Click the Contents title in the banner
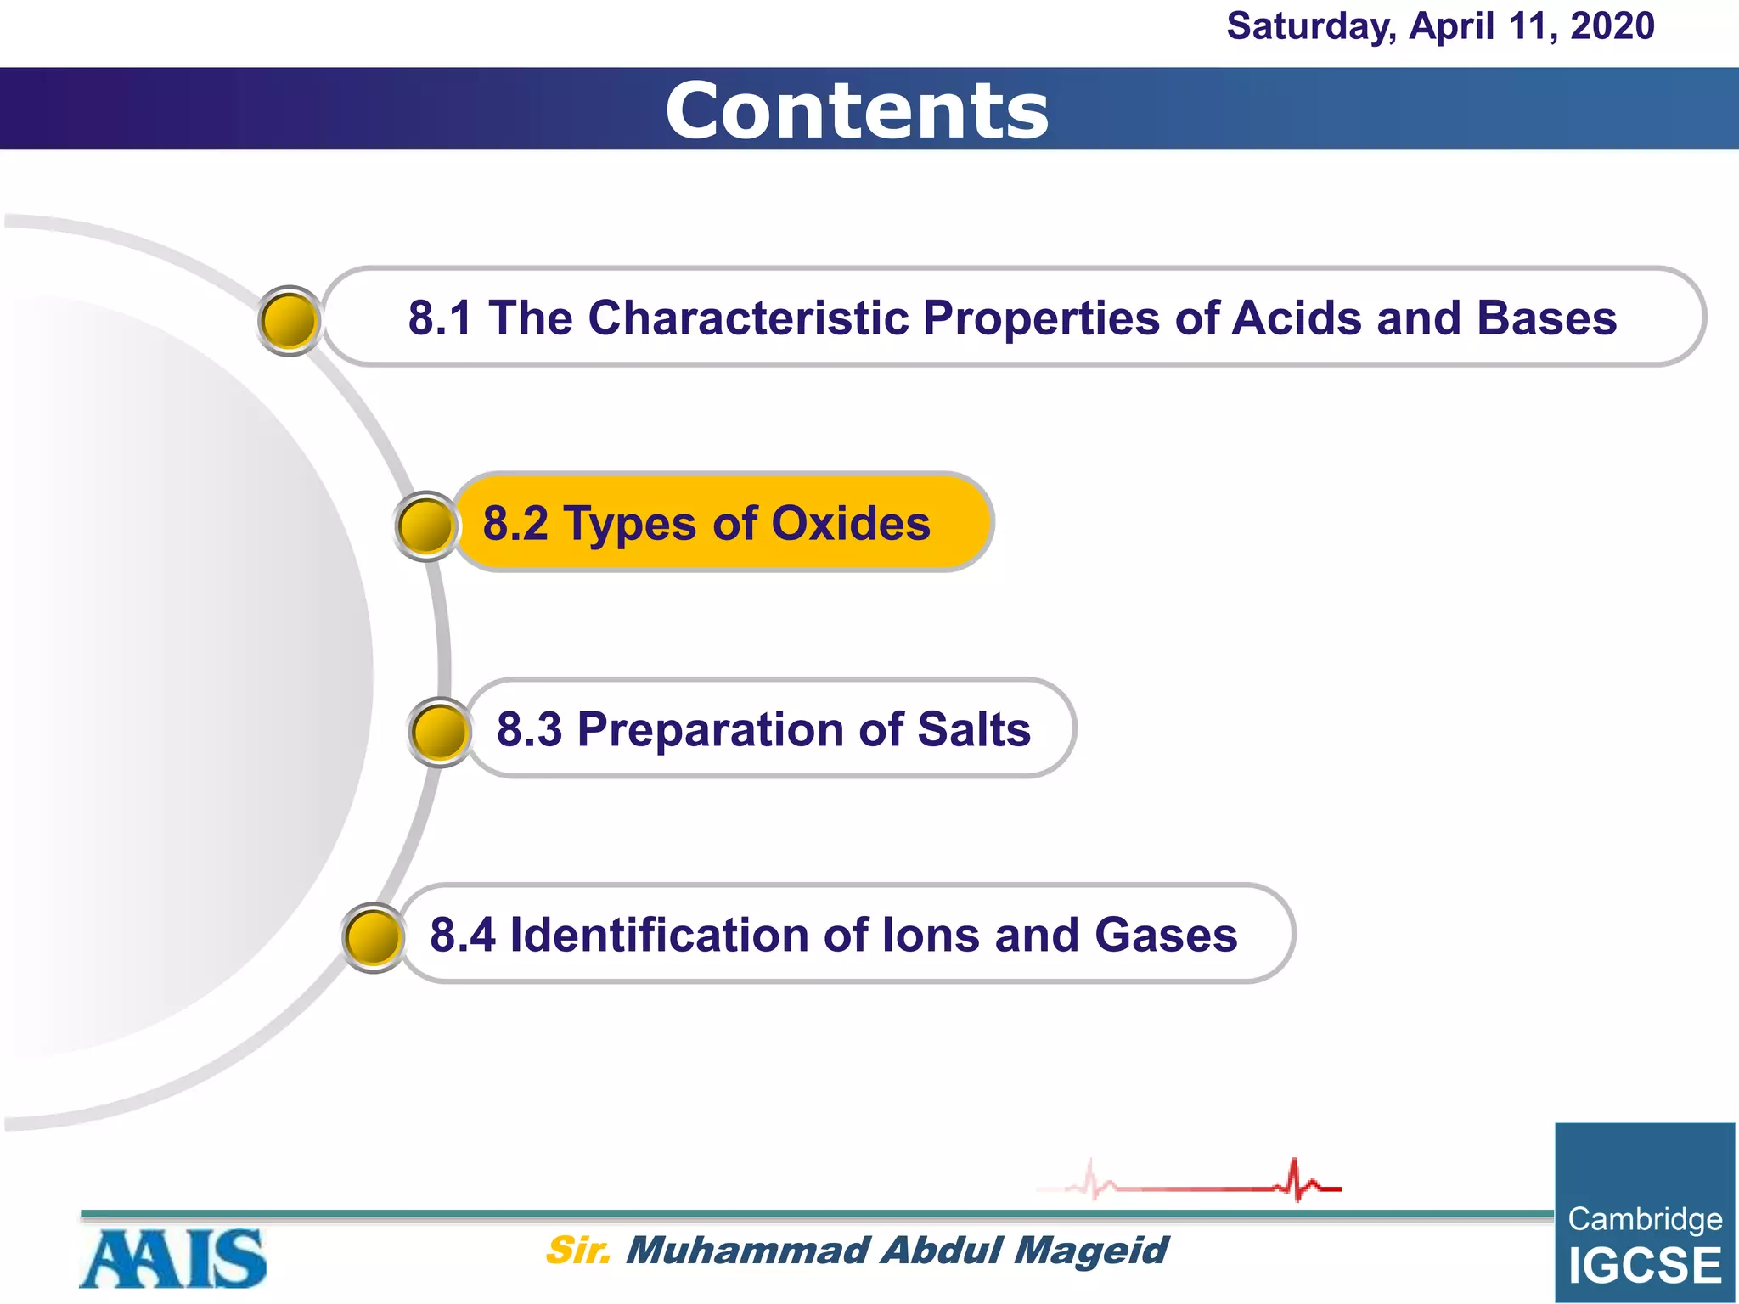857,111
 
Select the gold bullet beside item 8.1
289,321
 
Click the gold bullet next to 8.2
425,526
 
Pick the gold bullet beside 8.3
440,732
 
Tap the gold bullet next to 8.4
373,937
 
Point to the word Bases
1546,318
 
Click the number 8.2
515,523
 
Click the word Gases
1165,935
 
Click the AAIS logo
173,1258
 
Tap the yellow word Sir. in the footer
577,1251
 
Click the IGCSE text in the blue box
1645,1266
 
